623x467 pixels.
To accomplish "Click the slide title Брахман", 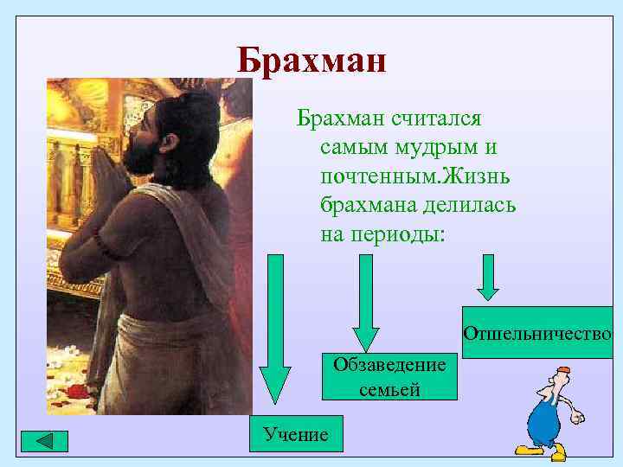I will [x=311, y=61].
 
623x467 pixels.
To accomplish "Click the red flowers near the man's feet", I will [x=79, y=392].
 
